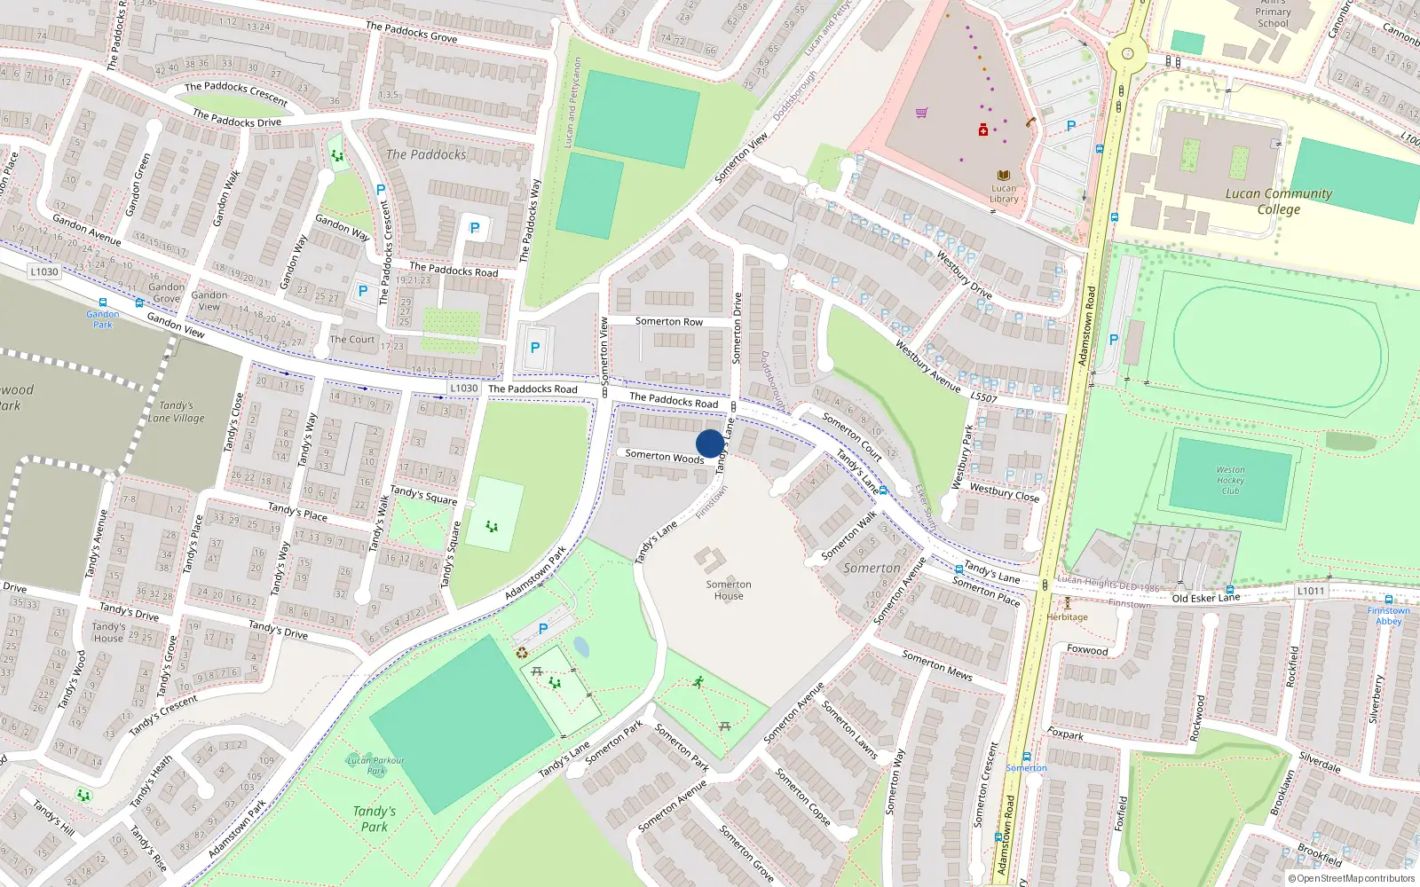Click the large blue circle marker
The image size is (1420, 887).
[710, 443]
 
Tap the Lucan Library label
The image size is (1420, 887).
[1004, 193]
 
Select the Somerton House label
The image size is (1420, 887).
[729, 590]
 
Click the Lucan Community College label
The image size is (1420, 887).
[1278, 201]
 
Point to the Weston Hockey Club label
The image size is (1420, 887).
[1230, 480]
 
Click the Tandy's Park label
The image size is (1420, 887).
[375, 819]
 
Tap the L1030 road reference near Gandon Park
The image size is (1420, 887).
[43, 272]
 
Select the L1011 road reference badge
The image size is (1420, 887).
[1311, 591]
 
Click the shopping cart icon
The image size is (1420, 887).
[922, 113]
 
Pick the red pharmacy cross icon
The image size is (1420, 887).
[983, 130]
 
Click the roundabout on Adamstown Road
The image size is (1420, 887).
[1127, 53]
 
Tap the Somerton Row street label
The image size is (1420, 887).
[668, 322]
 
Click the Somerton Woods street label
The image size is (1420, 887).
[664, 456]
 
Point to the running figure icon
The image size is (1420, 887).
[699, 682]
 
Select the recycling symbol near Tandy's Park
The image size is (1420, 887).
[522, 653]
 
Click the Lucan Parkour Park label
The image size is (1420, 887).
[375, 765]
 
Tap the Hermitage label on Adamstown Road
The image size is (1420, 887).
[1067, 616]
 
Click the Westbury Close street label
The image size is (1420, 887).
[1004, 492]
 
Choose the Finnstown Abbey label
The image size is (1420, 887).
[1388, 616]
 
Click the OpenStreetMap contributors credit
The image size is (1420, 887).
[1351, 878]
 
